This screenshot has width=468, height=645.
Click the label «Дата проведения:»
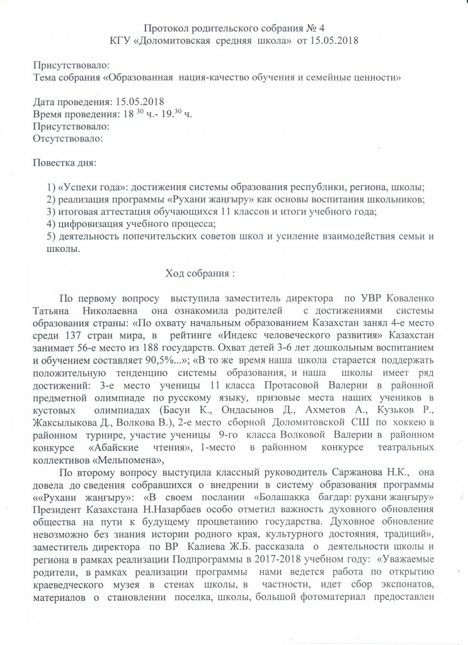tap(71, 101)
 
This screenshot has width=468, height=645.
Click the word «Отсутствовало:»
tap(67, 138)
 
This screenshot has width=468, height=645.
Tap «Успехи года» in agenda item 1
tap(88, 188)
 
